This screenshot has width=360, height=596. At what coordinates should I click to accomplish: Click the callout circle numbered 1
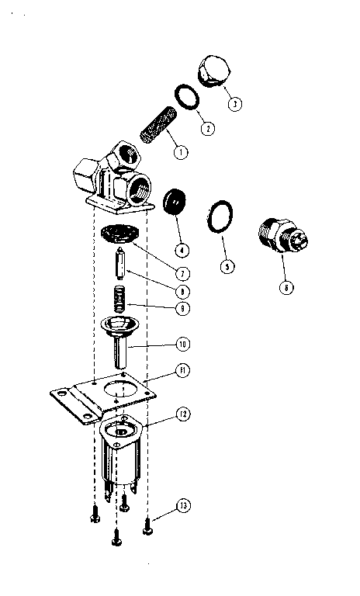[180, 152]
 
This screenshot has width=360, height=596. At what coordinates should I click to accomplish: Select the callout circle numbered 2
[206, 128]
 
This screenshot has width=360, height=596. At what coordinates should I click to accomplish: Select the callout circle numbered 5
[226, 265]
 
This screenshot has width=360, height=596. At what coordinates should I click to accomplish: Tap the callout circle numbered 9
[182, 307]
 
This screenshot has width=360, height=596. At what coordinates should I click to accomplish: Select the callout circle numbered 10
[182, 343]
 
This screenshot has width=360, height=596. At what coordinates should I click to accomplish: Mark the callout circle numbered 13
[182, 506]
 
